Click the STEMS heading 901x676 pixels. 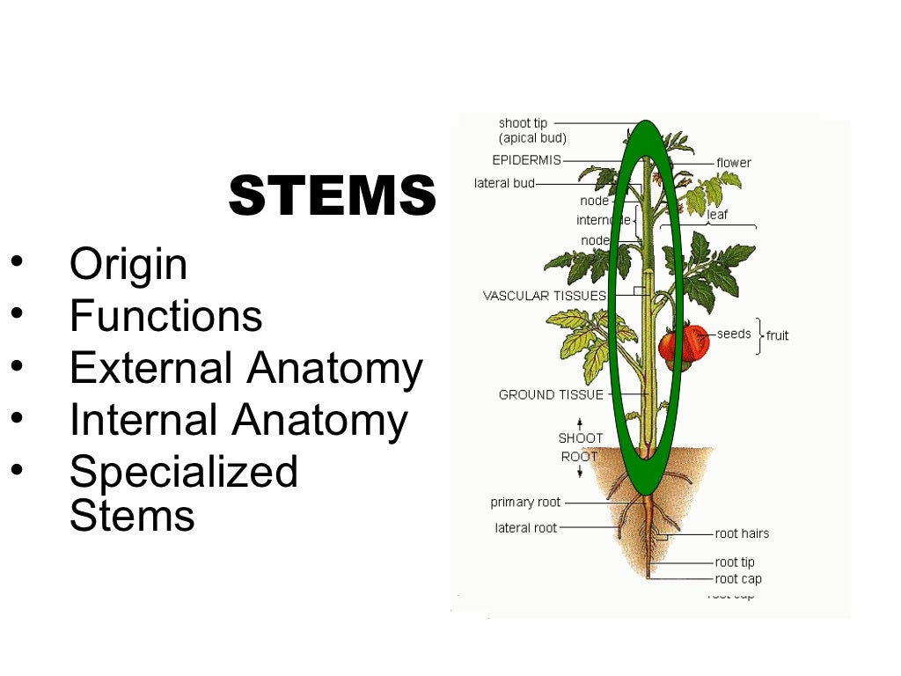click(332, 195)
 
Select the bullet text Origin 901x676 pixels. click(128, 264)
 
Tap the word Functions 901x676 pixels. click(165, 316)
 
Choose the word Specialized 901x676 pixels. click(183, 472)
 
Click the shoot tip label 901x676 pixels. click(523, 123)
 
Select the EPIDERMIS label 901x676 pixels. click(526, 160)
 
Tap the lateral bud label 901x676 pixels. click(504, 183)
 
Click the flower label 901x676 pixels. click(733, 163)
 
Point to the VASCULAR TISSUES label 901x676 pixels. click(544, 296)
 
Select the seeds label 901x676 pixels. click(734, 334)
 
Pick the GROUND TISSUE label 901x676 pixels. click(551, 394)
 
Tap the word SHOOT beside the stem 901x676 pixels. click(580, 437)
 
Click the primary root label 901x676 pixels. click(524, 502)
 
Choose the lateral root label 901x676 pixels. click(525, 528)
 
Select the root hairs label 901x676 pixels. click(741, 533)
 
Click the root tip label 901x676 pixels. click(734, 562)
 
